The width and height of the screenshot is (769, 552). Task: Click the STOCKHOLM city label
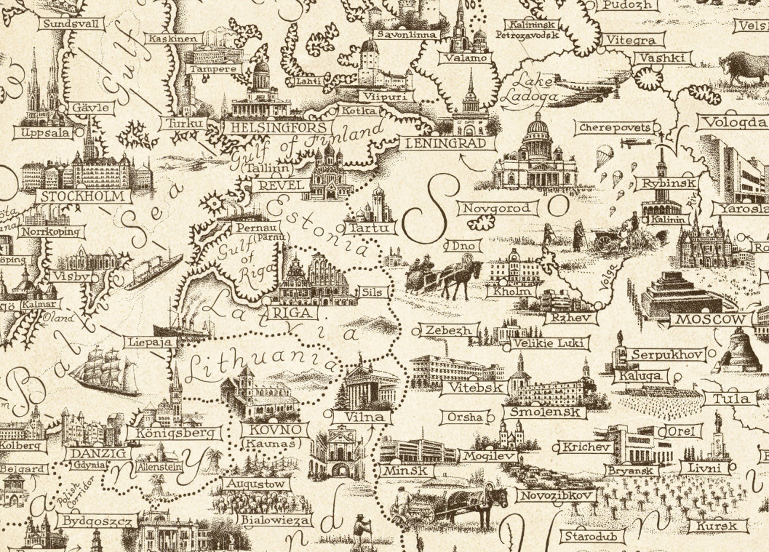point(83,197)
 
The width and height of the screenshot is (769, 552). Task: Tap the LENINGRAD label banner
point(448,143)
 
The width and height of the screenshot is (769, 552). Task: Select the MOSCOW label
point(710,320)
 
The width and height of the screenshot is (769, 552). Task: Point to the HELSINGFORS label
point(278,128)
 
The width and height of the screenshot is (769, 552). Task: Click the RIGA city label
point(292,313)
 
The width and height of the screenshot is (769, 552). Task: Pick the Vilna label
point(364,416)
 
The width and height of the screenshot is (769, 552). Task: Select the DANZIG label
point(98,454)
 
